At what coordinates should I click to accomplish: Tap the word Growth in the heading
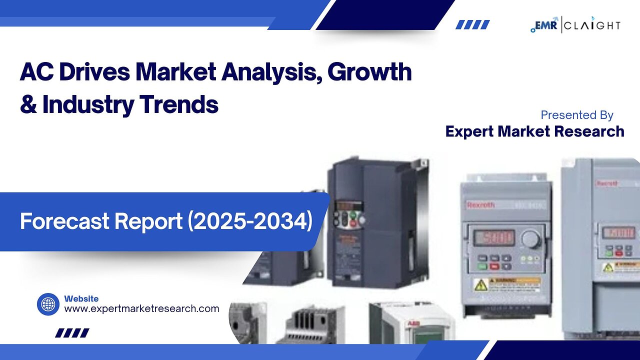pos(369,72)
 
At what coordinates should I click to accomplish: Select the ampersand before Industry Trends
pos(28,104)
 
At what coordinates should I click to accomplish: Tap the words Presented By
pos(576,115)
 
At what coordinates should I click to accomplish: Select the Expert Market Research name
pos(534,131)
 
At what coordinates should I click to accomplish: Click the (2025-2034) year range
pos(250,221)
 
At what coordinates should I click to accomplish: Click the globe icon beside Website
pos(48,304)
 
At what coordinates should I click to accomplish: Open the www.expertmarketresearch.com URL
pos(141,308)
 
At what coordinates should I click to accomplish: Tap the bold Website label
pos(81,298)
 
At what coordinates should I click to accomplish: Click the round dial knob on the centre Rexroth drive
pos(531,239)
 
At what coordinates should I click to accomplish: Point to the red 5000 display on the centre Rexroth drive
pos(494,237)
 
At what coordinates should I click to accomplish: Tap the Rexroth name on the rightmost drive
pos(606,183)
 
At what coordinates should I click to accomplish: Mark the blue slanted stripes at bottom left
pos(72,332)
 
